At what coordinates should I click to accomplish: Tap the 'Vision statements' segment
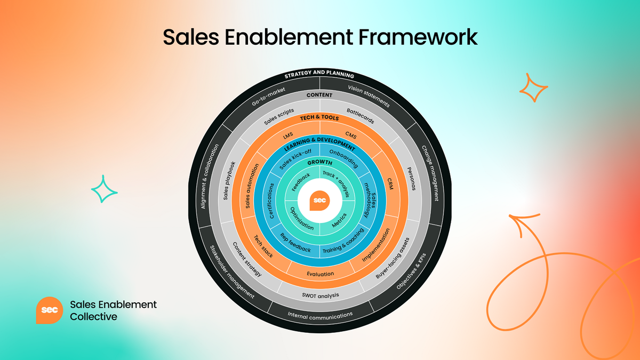(x=369, y=97)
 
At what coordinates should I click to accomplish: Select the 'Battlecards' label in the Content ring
(x=360, y=116)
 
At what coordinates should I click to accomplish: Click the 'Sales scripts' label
(x=279, y=117)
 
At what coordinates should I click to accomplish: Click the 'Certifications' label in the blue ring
(x=271, y=201)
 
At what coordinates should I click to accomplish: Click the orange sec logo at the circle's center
(x=319, y=201)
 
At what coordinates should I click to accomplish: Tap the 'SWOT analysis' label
(x=321, y=295)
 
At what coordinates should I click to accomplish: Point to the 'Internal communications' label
(x=320, y=315)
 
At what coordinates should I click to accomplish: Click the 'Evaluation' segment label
(x=321, y=274)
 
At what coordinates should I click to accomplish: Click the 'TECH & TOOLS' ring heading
(x=320, y=118)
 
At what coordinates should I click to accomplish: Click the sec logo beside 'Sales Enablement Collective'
(x=50, y=310)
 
